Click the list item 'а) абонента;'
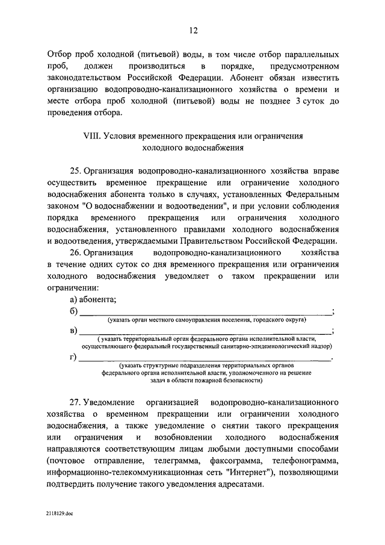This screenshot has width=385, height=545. (x=93, y=299)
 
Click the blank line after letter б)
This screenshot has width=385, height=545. (x=205, y=312)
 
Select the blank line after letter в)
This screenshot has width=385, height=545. (x=205, y=332)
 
